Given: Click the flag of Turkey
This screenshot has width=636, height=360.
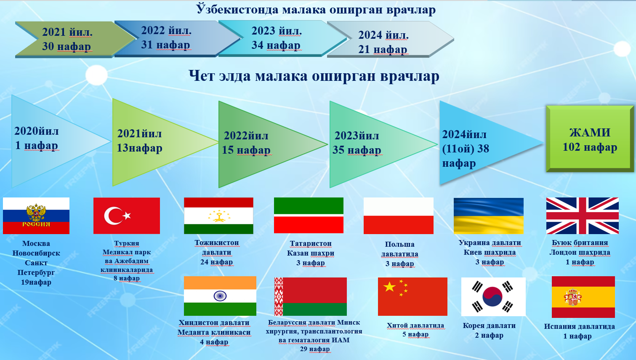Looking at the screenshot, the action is tap(127, 216).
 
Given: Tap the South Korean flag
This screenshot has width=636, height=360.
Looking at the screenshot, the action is tap(493, 297).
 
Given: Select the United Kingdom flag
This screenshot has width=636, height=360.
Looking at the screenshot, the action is tap(583, 216).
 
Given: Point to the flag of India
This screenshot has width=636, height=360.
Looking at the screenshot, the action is tap(220, 296).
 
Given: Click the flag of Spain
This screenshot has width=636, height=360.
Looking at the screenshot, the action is tap(583, 297).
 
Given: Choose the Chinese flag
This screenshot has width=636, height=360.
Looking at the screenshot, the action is tap(412, 297).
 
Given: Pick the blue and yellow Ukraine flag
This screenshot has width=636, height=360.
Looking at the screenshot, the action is tap(489, 216).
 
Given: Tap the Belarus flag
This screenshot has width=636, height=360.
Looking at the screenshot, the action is tap(311, 297).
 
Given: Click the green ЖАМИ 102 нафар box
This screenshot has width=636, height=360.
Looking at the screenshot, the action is tap(590, 139).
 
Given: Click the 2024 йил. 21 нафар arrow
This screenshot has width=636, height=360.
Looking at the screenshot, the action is tap(391, 40).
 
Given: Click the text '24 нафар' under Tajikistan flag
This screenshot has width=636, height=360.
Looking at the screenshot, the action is tap(217, 262).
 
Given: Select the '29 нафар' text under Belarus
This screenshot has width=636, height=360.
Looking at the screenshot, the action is tap(315, 349).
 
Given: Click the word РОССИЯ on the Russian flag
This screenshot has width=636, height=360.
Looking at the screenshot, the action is tap(36, 224).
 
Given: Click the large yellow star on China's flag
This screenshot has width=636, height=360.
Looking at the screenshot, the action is tap(389, 287).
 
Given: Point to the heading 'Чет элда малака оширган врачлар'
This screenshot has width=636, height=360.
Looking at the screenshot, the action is tap(314, 76).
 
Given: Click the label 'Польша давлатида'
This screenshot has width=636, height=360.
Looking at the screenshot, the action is tap(399, 249).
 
